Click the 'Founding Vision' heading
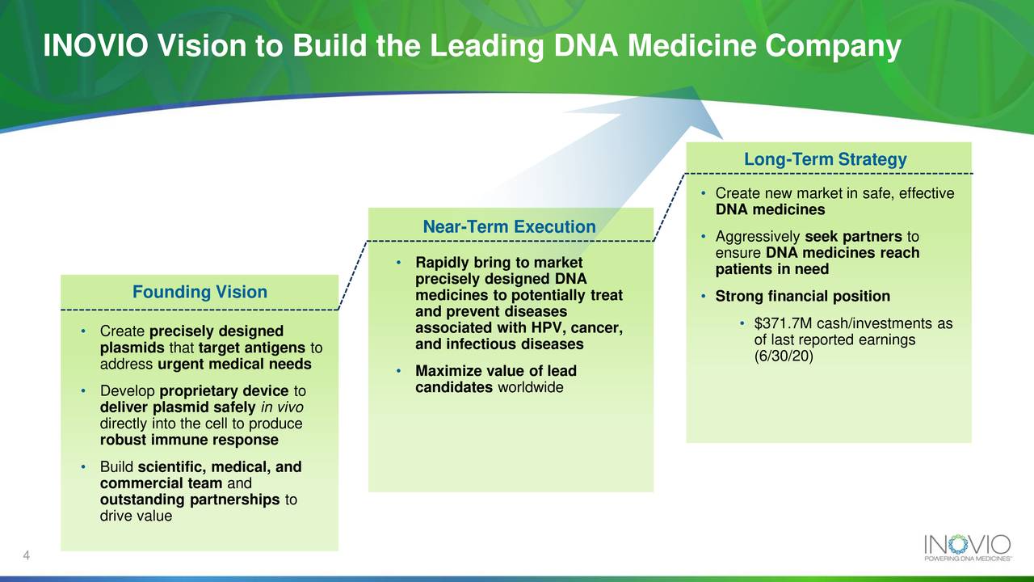pos(200,293)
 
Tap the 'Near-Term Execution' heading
pos(509,227)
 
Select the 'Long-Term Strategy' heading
pos(825,160)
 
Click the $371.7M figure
pos(784,324)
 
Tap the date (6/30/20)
pos(783,356)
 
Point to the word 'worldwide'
pos(531,388)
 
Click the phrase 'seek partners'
pos(853,237)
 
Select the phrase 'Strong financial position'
pos(802,297)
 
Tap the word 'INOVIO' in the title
pos(94,47)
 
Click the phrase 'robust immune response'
pos(189,441)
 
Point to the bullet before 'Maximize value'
pos(400,371)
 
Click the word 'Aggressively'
pos(758,237)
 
